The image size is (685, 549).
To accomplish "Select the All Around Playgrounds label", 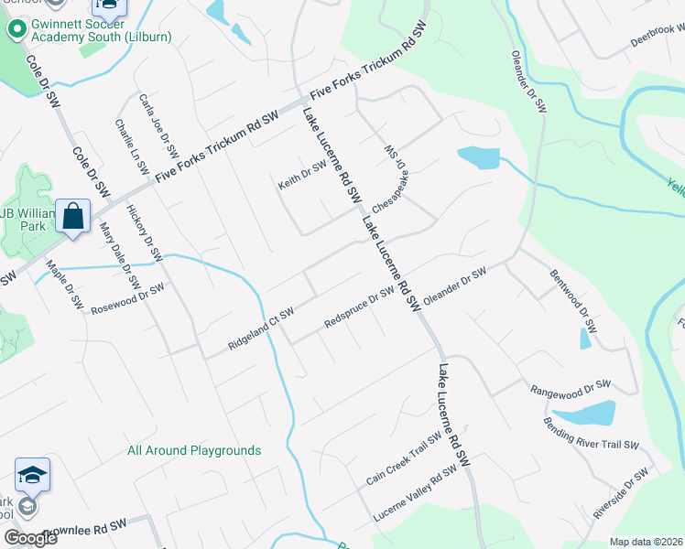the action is [x=194, y=450].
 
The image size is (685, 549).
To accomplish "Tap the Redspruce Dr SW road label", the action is [x=358, y=310].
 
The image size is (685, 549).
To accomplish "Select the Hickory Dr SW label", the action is [x=144, y=232].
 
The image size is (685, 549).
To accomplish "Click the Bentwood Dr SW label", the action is [x=573, y=300].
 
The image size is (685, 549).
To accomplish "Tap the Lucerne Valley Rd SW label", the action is [x=414, y=495].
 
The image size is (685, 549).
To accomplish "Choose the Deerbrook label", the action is [x=657, y=37].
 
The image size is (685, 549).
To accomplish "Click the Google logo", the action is [x=31, y=538].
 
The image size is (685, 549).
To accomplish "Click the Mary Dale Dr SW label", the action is [x=118, y=253].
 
